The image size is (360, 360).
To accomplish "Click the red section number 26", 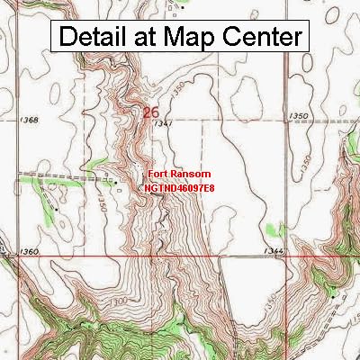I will pos(152,112).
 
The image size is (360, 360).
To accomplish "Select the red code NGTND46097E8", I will pos(178,188).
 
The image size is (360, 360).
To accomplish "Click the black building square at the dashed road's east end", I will pos(115,181).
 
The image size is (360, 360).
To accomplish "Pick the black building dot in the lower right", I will pos(333,292).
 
